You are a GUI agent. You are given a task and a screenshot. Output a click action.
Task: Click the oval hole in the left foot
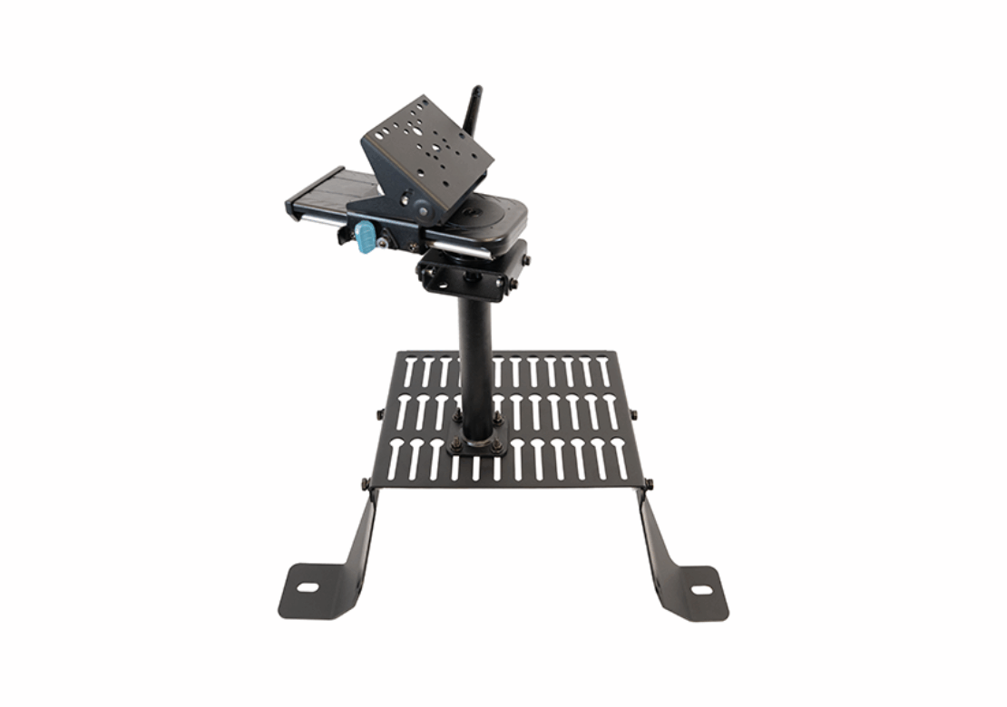pyautogui.click(x=309, y=586)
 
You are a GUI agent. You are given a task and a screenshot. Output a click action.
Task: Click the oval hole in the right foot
pyautogui.click(x=701, y=589)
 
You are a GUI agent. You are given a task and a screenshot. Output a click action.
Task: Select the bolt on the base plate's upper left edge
pyautogui.click(x=379, y=415)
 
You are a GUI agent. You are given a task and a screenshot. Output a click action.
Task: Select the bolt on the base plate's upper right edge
pyautogui.click(x=633, y=416)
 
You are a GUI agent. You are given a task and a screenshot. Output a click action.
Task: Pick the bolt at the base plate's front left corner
pyautogui.click(x=366, y=484)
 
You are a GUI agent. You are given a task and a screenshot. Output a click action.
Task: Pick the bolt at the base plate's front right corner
pyautogui.click(x=649, y=483)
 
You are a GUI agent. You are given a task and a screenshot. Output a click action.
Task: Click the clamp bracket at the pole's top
pyautogui.click(x=473, y=276)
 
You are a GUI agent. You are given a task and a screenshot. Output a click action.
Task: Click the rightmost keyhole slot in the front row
pyautogui.click(x=620, y=460)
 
